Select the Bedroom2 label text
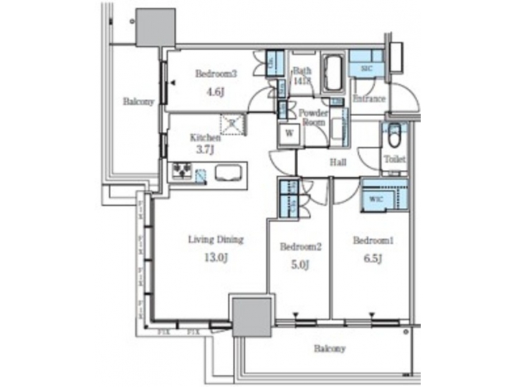coord(300,247)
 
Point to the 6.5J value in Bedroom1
coord(371,257)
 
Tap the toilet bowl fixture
coord(393,135)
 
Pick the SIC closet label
coord(365,67)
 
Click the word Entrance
coord(370,99)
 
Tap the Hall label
coord(338,163)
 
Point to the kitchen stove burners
coord(181,171)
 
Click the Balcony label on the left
coord(138,102)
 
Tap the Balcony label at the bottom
coord(330,349)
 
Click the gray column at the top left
coord(155,29)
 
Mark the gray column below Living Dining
coord(252,319)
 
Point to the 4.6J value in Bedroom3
coord(216,92)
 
